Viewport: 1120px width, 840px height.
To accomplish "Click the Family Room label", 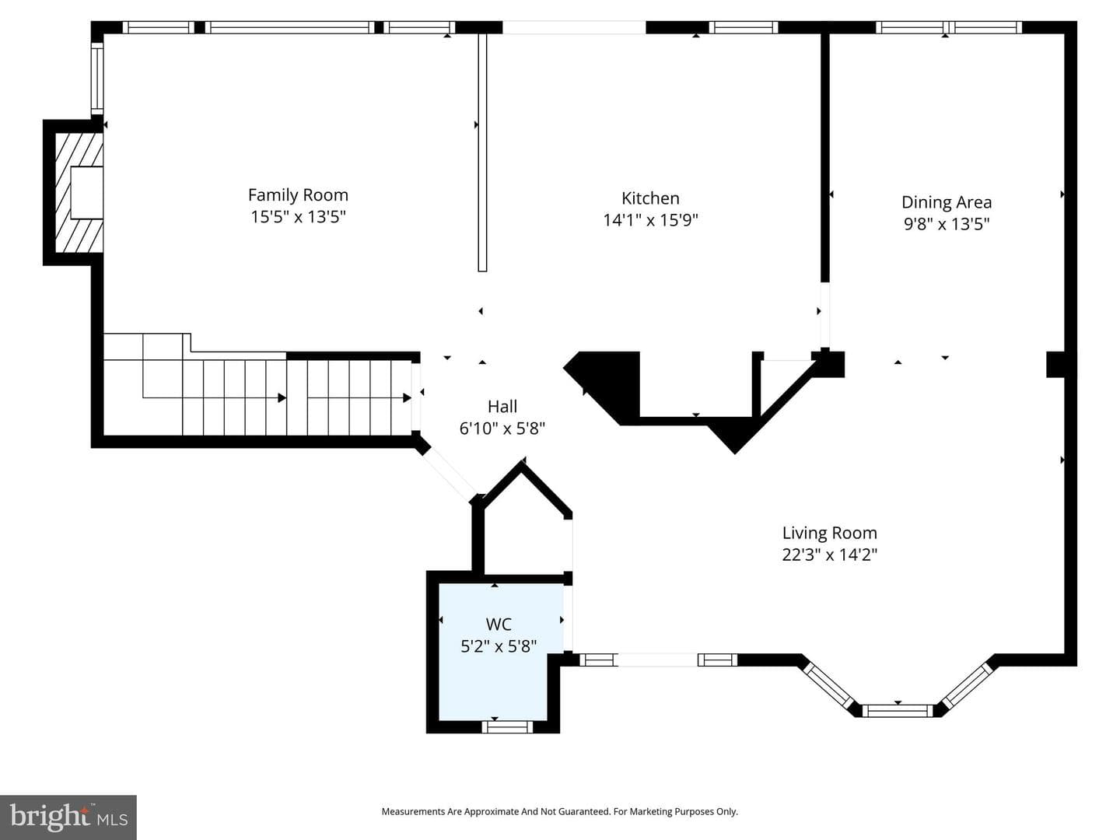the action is (x=298, y=194).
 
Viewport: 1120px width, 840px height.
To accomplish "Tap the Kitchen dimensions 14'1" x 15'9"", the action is (x=650, y=220).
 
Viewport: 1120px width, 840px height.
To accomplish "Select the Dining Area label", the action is (x=947, y=202).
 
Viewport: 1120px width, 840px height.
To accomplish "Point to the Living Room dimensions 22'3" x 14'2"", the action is (x=830, y=555).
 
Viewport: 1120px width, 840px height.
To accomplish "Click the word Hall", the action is (x=502, y=407).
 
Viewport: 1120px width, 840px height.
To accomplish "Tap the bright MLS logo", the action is (x=68, y=817).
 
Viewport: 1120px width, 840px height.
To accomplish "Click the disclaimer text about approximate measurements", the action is (x=560, y=811).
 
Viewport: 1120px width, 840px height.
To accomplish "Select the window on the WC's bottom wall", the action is (x=507, y=726).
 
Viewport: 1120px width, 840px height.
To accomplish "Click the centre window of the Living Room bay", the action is (x=898, y=710).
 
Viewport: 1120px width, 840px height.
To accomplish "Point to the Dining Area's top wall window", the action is (x=950, y=27).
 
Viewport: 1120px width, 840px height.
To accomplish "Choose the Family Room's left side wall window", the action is (x=97, y=79).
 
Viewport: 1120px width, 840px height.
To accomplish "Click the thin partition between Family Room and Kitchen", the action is (x=482, y=152).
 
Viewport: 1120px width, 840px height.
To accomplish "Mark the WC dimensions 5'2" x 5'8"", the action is (x=499, y=646).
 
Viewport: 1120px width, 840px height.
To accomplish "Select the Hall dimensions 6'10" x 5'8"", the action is (x=502, y=429).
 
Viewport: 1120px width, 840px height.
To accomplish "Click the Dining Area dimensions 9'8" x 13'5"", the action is (x=947, y=224).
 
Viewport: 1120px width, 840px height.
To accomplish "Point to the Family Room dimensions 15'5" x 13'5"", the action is (x=298, y=217).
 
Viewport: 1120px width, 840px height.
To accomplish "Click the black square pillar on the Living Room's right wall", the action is (x=1055, y=364).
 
